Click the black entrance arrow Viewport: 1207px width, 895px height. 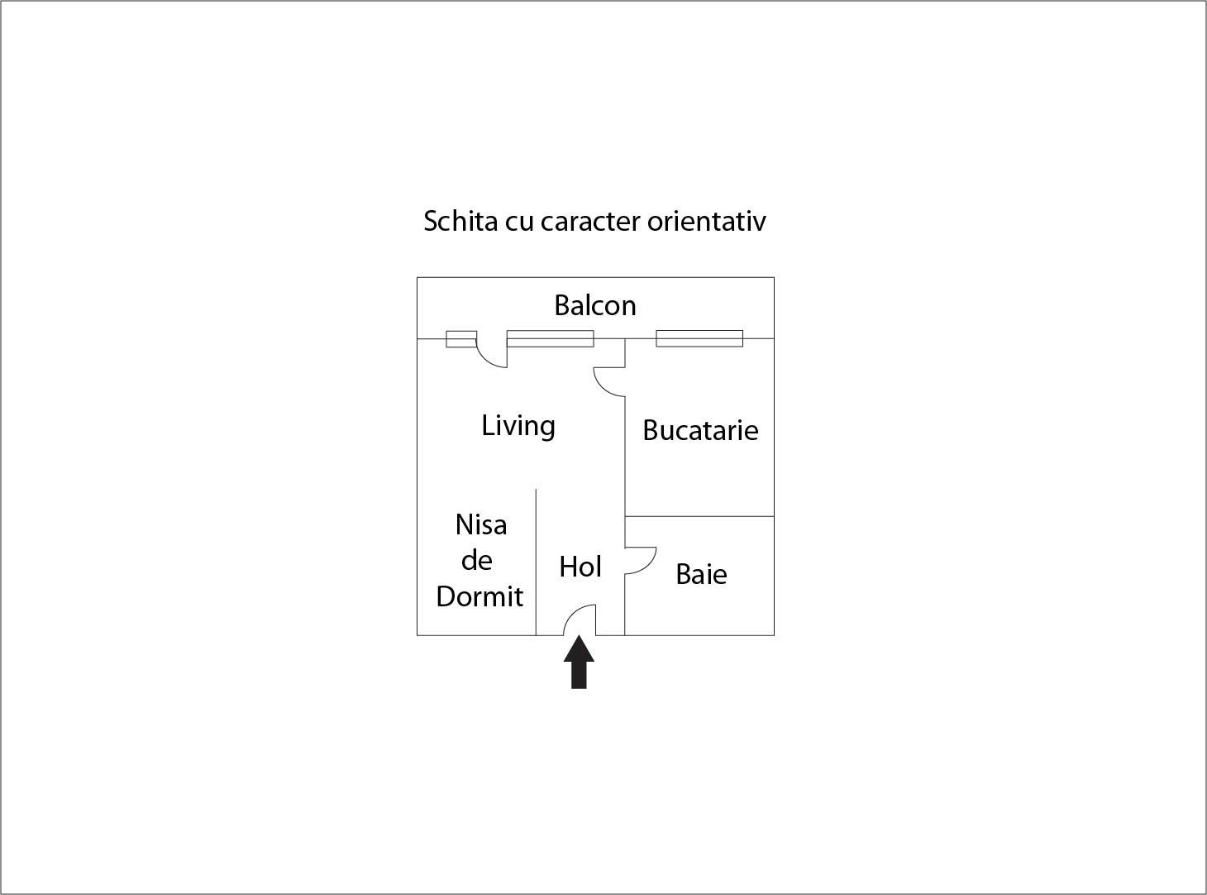[579, 663]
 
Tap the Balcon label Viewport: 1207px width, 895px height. [594, 305]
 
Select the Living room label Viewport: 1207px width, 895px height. [518, 426]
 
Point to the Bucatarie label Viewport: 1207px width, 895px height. [700, 430]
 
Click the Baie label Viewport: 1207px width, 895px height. [701, 574]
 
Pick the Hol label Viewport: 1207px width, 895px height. [580, 567]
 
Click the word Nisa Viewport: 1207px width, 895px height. [481, 525]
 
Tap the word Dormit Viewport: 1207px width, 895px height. [479, 596]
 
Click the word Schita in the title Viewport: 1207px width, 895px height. [460, 221]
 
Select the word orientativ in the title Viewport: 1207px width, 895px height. [706, 221]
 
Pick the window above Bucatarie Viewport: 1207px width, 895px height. [699, 338]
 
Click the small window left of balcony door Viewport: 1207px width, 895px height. [461, 339]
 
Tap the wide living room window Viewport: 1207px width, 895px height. [550, 338]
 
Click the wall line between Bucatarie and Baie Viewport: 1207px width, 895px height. [699, 516]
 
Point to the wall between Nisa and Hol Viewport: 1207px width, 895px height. [536, 562]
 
